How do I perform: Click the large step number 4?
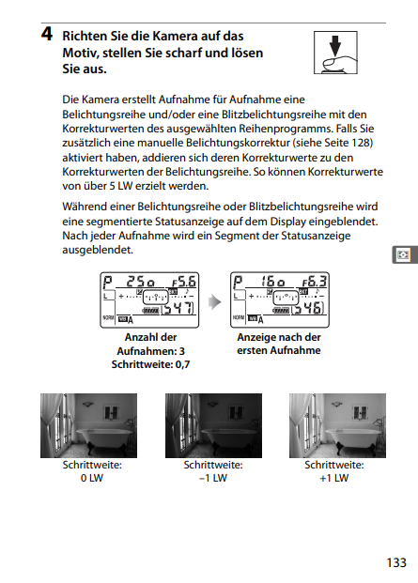[x=47, y=34]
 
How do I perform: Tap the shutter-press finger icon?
[x=335, y=53]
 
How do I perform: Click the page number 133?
[x=396, y=562]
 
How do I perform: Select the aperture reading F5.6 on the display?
[x=184, y=282]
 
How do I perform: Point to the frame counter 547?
[x=178, y=308]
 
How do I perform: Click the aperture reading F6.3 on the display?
[x=315, y=282]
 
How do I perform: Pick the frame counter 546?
[x=307, y=308]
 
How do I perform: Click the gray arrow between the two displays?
[x=214, y=302]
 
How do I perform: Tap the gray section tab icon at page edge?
[x=405, y=254]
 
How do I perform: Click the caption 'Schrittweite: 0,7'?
[x=150, y=364]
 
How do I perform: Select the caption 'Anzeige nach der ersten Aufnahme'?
[x=279, y=344]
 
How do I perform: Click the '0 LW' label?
[x=92, y=478]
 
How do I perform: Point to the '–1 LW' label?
[x=213, y=478]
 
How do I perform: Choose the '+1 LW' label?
[x=334, y=478]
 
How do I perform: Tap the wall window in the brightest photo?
[x=360, y=412]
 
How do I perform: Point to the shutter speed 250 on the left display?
[x=141, y=282]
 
